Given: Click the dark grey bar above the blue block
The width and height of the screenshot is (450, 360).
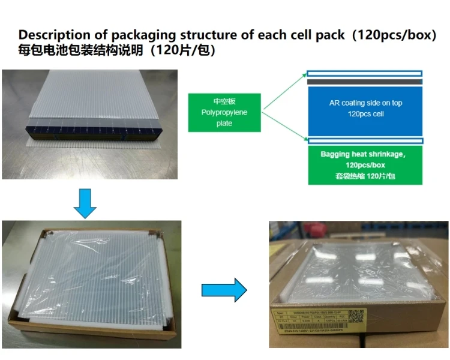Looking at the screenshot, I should (365, 82).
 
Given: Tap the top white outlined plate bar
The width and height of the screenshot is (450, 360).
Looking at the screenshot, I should (365, 74).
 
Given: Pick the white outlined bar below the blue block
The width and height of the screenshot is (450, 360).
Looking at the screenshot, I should (365, 141).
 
